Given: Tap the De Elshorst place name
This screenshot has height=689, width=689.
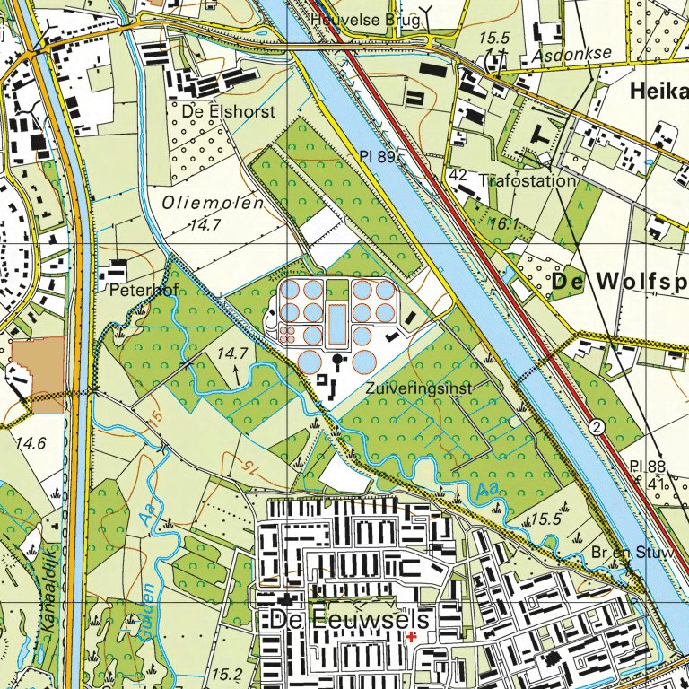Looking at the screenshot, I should click(228, 112).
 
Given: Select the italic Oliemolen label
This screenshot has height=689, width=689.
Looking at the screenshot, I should click(213, 204).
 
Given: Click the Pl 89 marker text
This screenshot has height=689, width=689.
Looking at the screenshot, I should click(377, 157).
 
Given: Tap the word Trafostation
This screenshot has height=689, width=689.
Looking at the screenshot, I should click(528, 180).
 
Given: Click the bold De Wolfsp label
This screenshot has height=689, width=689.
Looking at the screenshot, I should click(619, 283).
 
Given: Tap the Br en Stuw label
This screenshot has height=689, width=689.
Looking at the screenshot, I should click(632, 552).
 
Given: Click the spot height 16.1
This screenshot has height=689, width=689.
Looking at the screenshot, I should click(505, 225).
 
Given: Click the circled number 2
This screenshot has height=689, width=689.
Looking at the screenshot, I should click(597, 425).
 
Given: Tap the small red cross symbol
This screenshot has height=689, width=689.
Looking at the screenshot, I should click(411, 637).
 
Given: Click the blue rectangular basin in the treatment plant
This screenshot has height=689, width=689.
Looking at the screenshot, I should click(336, 325).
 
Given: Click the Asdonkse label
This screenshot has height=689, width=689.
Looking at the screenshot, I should click(571, 54).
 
